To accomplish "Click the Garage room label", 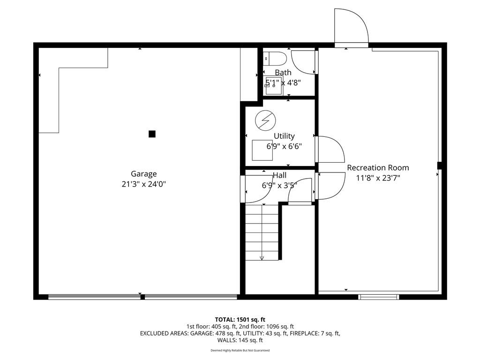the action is pyautogui.click(x=143, y=174).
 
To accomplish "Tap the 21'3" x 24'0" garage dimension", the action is pyautogui.click(x=143, y=184).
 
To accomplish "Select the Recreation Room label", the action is pyautogui.click(x=378, y=168).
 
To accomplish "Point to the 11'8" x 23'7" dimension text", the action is pyautogui.click(x=378, y=178).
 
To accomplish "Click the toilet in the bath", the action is pyautogui.click(x=275, y=58).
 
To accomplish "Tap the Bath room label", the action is pyautogui.click(x=283, y=73).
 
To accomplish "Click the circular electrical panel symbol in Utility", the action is pyautogui.click(x=265, y=120).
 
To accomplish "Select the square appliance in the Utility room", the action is pyautogui.click(x=262, y=150).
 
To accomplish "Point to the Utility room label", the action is pyautogui.click(x=284, y=136).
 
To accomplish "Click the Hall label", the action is pyautogui.click(x=279, y=175).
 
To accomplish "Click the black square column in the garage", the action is pyautogui.click(x=152, y=134).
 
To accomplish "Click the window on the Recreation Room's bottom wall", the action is pyautogui.click(x=379, y=297).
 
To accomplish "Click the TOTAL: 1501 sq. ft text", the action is pyautogui.click(x=240, y=320).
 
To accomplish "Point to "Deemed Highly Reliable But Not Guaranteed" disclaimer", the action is pyautogui.click(x=240, y=351).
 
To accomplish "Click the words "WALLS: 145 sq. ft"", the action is pyautogui.click(x=240, y=340).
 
